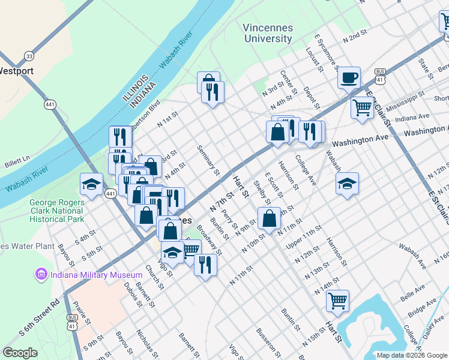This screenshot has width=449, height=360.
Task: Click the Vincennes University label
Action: point(268,33)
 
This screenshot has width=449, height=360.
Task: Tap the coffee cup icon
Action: point(349,77)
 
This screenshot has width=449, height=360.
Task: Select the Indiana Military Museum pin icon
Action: point(41,275)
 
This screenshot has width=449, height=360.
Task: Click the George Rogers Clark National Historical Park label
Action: point(57,211)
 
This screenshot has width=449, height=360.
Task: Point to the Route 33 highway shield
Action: point(29,56)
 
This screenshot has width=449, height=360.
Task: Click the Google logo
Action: point(20,353)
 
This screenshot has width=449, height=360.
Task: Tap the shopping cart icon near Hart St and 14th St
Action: point(337,299)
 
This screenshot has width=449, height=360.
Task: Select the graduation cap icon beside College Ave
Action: point(347,184)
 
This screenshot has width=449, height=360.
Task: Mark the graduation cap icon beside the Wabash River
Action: point(91,184)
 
